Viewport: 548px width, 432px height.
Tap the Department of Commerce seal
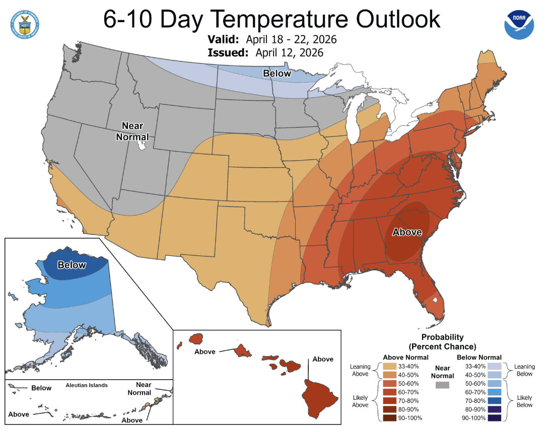[x=25, y=22]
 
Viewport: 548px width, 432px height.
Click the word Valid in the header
[x=224, y=39]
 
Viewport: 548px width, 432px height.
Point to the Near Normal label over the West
[x=132, y=131]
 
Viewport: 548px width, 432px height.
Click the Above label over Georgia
[x=407, y=233]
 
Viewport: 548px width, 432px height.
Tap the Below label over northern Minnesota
[x=277, y=74]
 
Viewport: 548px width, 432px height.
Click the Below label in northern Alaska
[x=72, y=265]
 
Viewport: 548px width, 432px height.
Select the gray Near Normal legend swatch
[x=443, y=385]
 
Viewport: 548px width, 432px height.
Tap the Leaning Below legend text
[x=525, y=370]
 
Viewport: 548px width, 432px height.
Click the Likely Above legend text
[x=360, y=401]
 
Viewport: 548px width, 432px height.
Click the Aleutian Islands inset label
[x=87, y=385]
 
